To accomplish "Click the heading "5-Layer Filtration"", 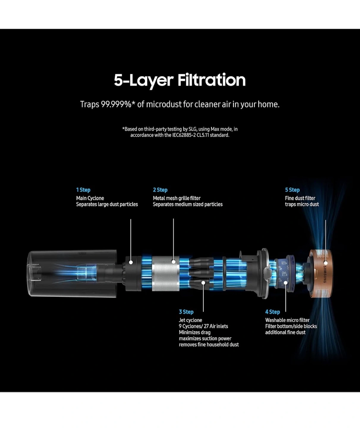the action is (x=180, y=80).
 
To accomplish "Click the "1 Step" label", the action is (x=83, y=190).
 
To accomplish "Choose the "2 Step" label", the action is (x=160, y=190).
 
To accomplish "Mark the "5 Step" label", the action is (x=292, y=190).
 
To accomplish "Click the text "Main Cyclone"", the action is (x=90, y=199).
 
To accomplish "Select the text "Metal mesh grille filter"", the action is (x=177, y=199).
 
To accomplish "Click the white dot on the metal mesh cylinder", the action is (x=173, y=262).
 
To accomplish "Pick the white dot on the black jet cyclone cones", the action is (x=203, y=283).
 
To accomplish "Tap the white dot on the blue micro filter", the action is (x=286, y=283).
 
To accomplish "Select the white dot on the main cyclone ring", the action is (x=131, y=262).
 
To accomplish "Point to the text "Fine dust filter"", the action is (x=300, y=199).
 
